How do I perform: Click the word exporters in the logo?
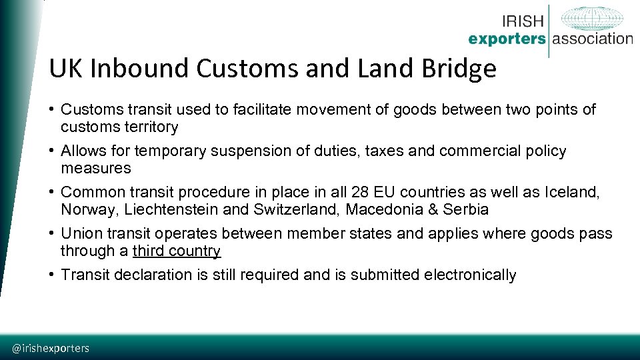pos(507,39)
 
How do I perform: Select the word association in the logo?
pos(592,39)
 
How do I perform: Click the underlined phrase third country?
pos(176,251)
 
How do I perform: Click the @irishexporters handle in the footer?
pos(51,348)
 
